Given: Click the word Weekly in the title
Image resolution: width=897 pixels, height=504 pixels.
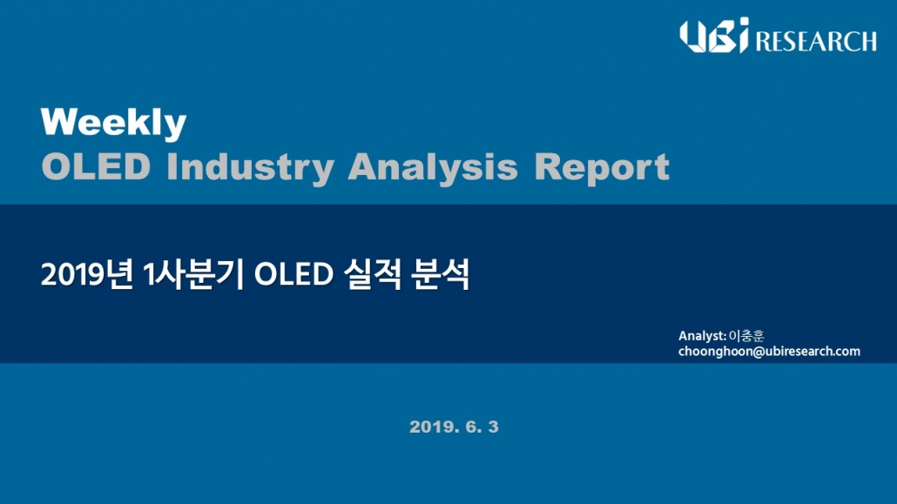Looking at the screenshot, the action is (x=113, y=123).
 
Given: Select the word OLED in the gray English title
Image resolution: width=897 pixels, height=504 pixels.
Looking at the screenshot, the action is (x=96, y=167).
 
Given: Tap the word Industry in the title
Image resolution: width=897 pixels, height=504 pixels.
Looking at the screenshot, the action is (x=250, y=168).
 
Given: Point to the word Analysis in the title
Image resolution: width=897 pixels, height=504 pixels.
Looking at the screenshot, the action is (x=433, y=168).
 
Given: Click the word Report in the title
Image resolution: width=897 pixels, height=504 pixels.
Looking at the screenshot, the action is (x=601, y=168).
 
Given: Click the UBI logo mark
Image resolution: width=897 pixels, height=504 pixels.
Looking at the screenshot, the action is (x=714, y=36).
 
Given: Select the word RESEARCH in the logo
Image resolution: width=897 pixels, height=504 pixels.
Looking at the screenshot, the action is (x=816, y=41).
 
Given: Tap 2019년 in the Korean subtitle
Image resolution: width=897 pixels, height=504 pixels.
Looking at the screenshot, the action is (x=87, y=274).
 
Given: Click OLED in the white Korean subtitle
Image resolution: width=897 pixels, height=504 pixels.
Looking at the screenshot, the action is (x=293, y=274).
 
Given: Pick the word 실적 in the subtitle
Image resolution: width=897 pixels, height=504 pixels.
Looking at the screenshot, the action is (x=373, y=274).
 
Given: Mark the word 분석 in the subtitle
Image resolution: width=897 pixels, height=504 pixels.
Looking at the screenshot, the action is (x=440, y=274).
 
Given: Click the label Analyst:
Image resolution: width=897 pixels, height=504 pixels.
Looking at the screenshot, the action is (x=702, y=336).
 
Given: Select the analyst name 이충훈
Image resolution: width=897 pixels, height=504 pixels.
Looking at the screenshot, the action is (x=746, y=336).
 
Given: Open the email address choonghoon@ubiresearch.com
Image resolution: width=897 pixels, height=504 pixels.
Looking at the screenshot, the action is (x=769, y=352).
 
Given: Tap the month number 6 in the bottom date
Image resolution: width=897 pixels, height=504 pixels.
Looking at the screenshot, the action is (x=472, y=427).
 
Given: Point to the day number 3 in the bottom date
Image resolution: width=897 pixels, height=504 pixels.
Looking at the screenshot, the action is (x=493, y=427).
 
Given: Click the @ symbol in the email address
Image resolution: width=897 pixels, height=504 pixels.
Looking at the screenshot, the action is (x=759, y=352).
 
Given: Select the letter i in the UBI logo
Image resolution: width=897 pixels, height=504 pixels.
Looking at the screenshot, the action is (x=742, y=36).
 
